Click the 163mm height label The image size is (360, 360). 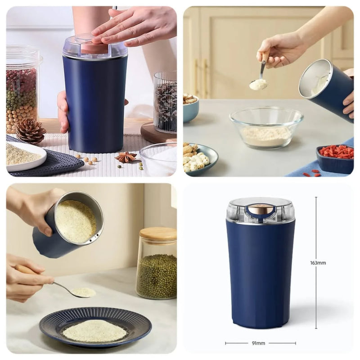318,263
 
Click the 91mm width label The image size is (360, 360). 258,343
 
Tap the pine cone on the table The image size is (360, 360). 30,130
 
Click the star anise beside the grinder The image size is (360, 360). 126,157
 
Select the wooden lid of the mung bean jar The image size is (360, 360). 158,234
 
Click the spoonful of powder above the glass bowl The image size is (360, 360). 258,84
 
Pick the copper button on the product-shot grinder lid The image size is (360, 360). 261,209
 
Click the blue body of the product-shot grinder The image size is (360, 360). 261,274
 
